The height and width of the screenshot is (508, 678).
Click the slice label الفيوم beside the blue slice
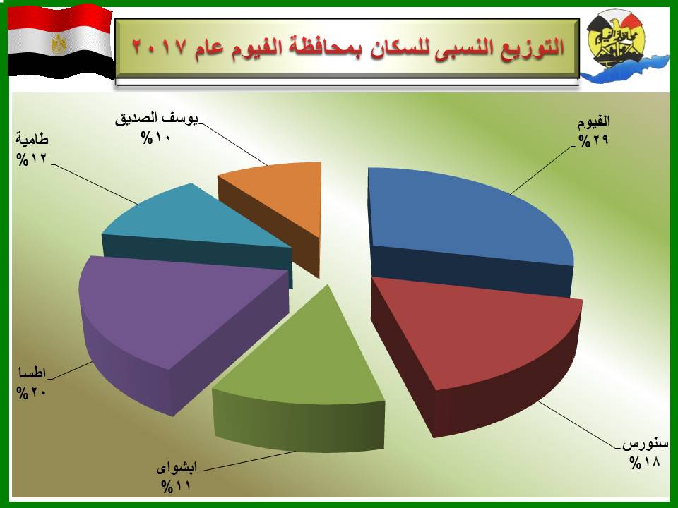tap(594, 121)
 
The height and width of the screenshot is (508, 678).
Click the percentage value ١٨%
tap(645, 463)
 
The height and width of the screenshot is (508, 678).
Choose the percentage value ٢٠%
tap(32, 393)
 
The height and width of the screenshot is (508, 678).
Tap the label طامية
tap(32, 140)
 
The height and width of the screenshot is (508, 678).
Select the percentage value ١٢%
tap(32, 159)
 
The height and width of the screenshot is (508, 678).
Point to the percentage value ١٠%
tap(155, 138)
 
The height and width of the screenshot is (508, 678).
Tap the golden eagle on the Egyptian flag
tap(59, 44)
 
